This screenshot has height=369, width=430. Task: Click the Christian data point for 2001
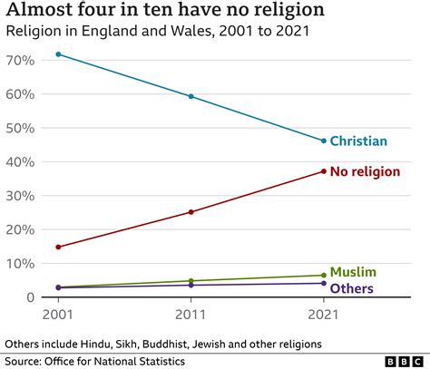pos(59,54)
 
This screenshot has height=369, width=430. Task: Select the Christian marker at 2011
pos(191,96)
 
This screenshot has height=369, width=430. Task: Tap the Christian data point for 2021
pos(323,141)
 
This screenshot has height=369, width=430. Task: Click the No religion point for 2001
pos(59,247)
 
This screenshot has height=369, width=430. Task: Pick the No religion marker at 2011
pos(191,212)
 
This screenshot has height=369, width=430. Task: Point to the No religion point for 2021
pos(323,171)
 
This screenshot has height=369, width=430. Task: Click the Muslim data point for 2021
pos(323,275)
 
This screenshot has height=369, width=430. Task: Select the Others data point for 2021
pos(323,283)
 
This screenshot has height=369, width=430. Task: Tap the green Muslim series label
pos(353,272)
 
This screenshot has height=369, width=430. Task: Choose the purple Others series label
pos(352,288)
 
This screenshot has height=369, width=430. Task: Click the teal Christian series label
pos(358,141)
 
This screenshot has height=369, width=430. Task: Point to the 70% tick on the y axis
pos(21,59)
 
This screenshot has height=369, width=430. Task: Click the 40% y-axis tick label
pos(21,161)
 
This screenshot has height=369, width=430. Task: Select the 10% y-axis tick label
pos(21,263)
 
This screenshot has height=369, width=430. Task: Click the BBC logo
pos(403,360)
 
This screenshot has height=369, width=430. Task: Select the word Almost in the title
pos(35,10)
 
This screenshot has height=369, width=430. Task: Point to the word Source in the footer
pos(24,361)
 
